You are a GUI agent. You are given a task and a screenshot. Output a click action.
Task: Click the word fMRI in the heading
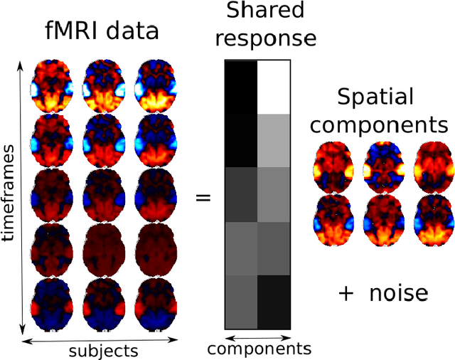click(x=68, y=33)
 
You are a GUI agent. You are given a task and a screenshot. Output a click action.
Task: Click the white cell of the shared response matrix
click(x=274, y=86)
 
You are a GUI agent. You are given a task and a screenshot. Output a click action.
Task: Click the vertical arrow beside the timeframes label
click(x=22, y=196)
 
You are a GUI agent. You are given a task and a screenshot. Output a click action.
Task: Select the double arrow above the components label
click(x=257, y=337)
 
